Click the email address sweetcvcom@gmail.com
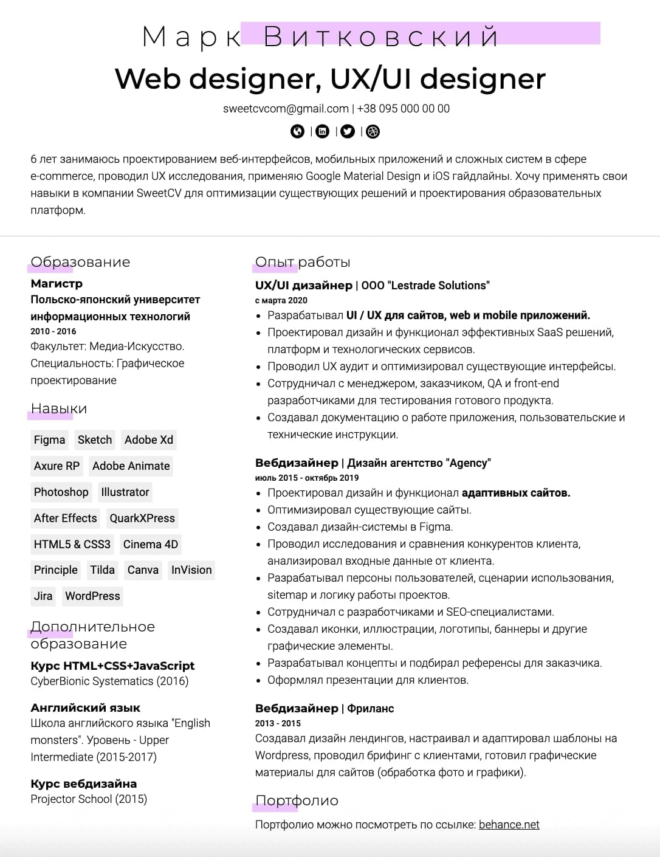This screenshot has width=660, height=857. [x=286, y=109]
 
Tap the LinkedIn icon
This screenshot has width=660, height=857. [x=323, y=131]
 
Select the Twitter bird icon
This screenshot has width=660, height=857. [x=348, y=131]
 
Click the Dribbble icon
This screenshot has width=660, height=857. [x=373, y=131]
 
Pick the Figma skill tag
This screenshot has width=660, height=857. [x=49, y=440]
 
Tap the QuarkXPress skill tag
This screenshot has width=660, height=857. [x=142, y=518]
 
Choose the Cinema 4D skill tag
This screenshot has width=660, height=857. [x=150, y=545]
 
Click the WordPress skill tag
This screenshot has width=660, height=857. [x=92, y=596]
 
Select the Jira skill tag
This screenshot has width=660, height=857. [x=43, y=596]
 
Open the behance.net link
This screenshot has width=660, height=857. [x=509, y=825]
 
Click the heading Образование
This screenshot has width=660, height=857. [x=80, y=262]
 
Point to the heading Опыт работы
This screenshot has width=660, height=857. [x=303, y=262]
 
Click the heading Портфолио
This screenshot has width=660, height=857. [x=297, y=800]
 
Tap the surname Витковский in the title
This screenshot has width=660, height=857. [x=381, y=37]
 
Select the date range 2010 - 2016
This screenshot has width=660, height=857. [x=53, y=331]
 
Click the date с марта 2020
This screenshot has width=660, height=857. [x=281, y=300]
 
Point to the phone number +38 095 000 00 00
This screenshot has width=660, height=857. [x=404, y=109]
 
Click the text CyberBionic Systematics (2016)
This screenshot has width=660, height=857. [x=109, y=681]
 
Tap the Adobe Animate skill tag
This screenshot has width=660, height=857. [x=131, y=466]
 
